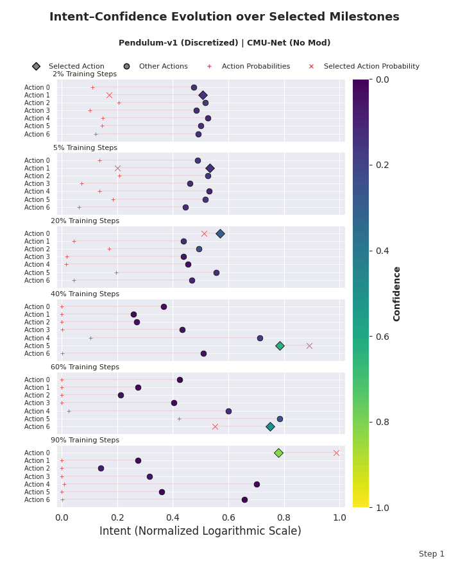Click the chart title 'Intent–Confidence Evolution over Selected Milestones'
[224, 17]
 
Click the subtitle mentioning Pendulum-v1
[224, 43]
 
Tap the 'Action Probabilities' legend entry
[255, 67]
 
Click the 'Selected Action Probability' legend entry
[371, 67]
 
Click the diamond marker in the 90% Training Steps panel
[278, 453]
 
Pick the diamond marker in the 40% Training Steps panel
[280, 346]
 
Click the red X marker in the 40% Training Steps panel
[309, 346]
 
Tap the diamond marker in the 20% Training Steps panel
[220, 233]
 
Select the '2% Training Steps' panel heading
[85, 74]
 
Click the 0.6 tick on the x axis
[228, 517]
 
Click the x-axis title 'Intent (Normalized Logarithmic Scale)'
[200, 532]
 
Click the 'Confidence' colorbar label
[397, 293]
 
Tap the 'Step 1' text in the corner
[431, 554]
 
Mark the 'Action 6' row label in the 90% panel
[37, 499]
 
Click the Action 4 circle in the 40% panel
[260, 338]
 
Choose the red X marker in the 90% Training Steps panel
[336, 453]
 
